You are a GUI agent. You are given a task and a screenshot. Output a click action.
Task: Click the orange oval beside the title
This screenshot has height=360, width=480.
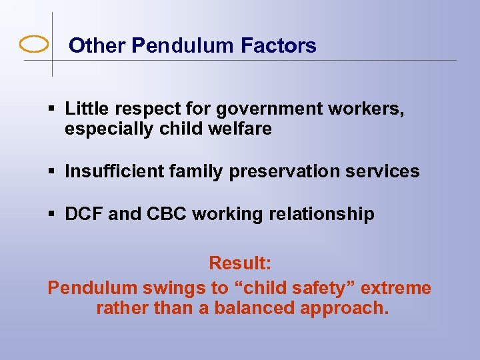tap(34, 45)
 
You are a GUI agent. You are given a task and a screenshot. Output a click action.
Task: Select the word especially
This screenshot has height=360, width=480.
tap(109, 129)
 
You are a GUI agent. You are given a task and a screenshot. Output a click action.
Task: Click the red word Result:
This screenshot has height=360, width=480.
tap(240, 263)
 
